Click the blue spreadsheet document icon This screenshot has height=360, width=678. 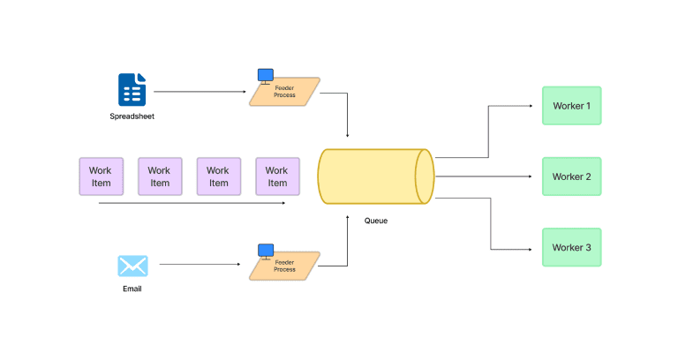pyautogui.click(x=132, y=89)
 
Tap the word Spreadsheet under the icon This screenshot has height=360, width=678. pyautogui.click(x=132, y=116)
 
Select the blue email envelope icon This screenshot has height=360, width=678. pyautogui.click(x=132, y=266)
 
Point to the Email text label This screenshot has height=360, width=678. pyautogui.click(x=132, y=289)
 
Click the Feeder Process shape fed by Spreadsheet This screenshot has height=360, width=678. pyautogui.click(x=284, y=92)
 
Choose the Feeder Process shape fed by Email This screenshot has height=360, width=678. pyautogui.click(x=284, y=266)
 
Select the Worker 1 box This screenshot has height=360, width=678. pyautogui.click(x=571, y=106)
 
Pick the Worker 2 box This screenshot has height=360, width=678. pyautogui.click(x=571, y=176)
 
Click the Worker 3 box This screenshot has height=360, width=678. pyautogui.click(x=571, y=247)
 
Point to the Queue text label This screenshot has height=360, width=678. pyautogui.click(x=376, y=221)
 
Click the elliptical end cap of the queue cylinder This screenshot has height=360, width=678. pyautogui.click(x=425, y=176)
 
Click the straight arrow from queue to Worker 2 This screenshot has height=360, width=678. pyautogui.click(x=486, y=176)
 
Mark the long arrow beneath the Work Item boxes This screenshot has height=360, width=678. pyautogui.click(x=190, y=203)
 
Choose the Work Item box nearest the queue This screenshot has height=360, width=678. pyautogui.click(x=277, y=176)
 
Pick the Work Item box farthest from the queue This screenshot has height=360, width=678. pyautogui.click(x=101, y=176)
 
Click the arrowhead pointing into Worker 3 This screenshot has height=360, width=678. pyautogui.click(x=536, y=248)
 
